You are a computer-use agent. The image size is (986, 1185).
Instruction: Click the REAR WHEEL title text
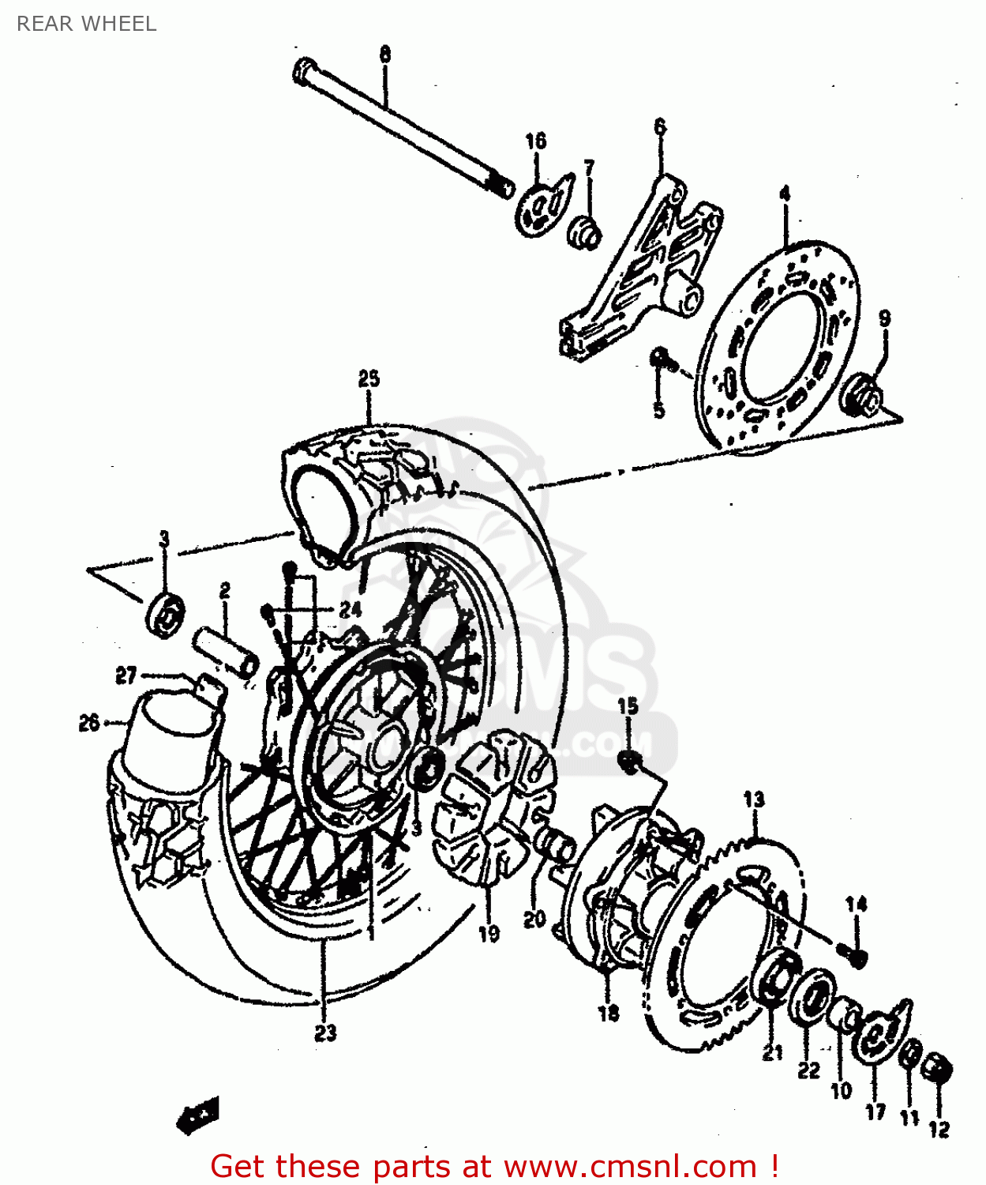[x=86, y=24]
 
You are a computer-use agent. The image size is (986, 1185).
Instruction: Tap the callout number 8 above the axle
[x=384, y=55]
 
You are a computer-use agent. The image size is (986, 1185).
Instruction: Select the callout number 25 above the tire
[x=369, y=379]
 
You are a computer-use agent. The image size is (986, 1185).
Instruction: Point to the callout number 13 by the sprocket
[x=754, y=799]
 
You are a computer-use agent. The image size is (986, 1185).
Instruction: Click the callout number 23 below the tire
[x=325, y=1033]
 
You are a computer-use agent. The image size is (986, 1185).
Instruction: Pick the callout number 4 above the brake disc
[x=784, y=194]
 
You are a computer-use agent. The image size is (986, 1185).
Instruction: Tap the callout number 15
[x=628, y=706]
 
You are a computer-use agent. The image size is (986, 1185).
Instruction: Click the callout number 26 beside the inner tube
[x=89, y=722]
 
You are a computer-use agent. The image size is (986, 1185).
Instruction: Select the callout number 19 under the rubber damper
[x=489, y=934]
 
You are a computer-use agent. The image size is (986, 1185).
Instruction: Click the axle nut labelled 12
[x=938, y=1070]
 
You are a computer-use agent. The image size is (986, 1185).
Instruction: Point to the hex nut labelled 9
[x=862, y=395]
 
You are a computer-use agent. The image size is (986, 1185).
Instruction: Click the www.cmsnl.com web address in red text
[x=630, y=1166]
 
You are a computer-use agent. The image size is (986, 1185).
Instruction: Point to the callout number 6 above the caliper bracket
[x=660, y=126]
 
